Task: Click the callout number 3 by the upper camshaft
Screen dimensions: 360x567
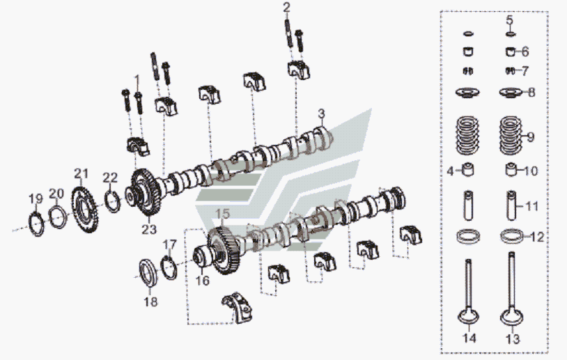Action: tap(321, 113)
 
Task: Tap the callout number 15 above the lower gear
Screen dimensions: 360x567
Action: tap(222, 213)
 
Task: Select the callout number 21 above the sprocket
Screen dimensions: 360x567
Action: tap(82, 173)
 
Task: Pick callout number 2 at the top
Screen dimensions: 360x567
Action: tap(286, 8)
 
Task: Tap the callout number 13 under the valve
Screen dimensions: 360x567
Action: tap(513, 339)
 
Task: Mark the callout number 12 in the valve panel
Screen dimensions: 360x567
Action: tap(536, 237)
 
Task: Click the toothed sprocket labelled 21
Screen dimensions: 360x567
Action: tap(86, 208)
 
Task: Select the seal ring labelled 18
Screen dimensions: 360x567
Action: tap(148, 271)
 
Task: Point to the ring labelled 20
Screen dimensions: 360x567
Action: tap(60, 217)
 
